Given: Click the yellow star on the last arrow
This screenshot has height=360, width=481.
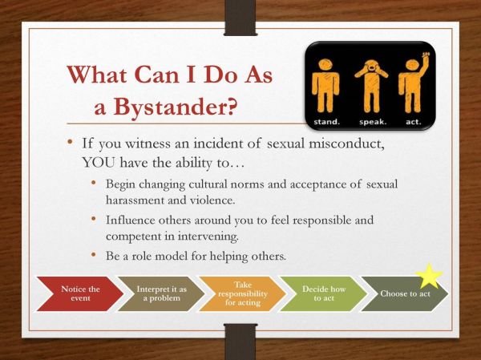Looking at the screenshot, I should tap(430, 276).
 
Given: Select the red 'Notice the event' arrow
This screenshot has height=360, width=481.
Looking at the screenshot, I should tap(79, 293).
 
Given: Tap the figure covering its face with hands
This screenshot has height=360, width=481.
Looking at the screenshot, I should tap(371, 79).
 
